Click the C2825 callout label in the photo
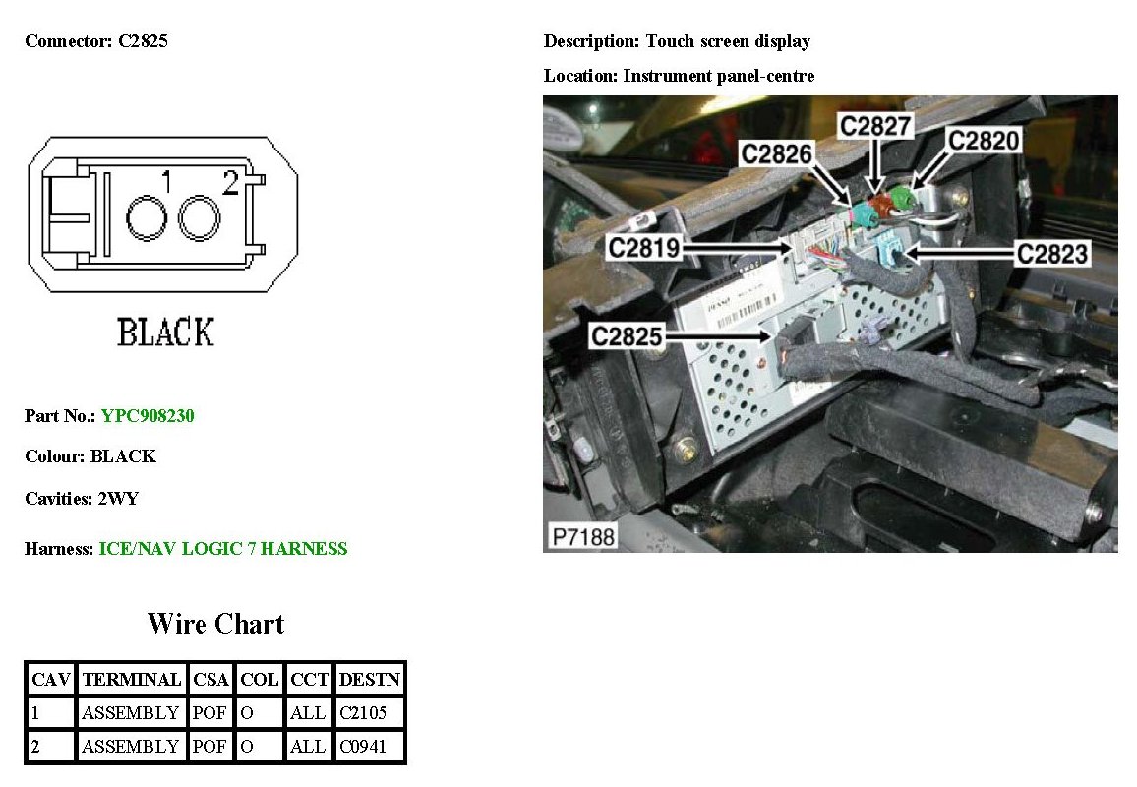tap(627, 336)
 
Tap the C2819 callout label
tap(644, 247)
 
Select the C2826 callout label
tap(777, 154)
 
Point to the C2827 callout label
tap(874, 125)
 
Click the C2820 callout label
tap(984, 141)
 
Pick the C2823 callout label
tap(1053, 254)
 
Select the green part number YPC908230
tap(148, 416)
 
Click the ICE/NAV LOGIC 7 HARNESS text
tap(223, 549)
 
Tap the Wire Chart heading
tap(215, 624)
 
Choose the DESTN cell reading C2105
tap(364, 712)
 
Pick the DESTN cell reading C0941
tap(364, 747)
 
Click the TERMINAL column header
tap(132, 679)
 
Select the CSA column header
tap(209, 679)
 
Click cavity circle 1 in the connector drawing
tap(148, 217)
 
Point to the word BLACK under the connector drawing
tap(165, 333)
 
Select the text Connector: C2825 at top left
tap(96, 41)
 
